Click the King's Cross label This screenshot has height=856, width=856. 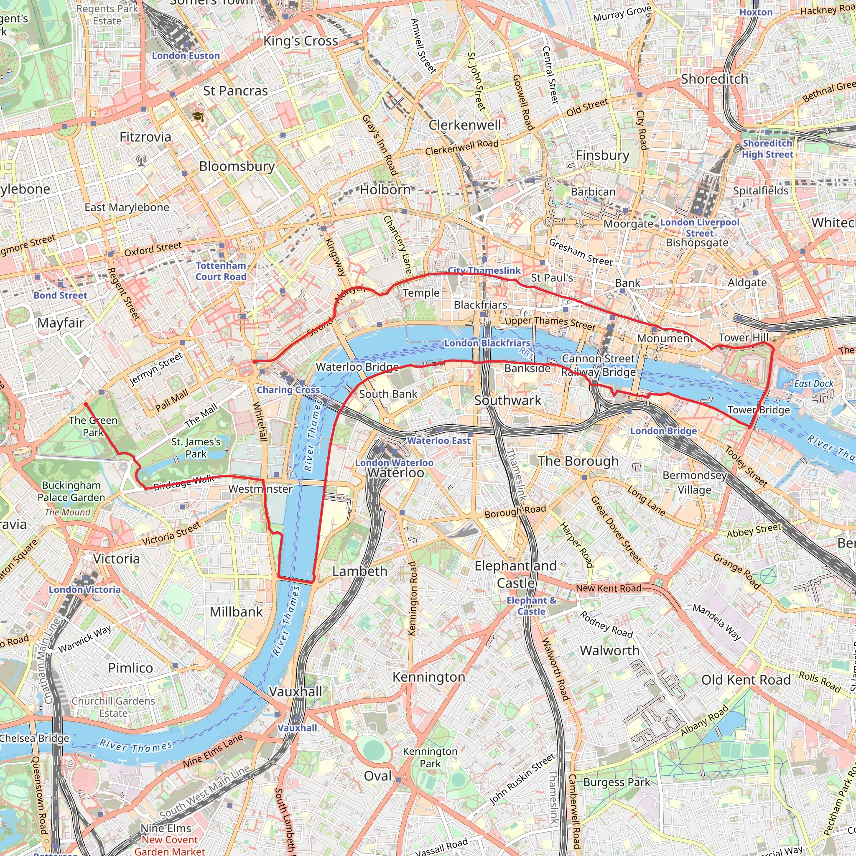(x=301, y=41)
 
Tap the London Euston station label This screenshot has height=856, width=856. (x=186, y=56)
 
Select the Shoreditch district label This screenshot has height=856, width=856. (x=714, y=79)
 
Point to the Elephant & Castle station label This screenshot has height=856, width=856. (x=531, y=606)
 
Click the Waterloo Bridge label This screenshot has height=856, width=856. (x=357, y=367)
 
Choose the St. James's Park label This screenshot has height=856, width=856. (x=196, y=448)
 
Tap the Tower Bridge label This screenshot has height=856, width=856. (x=759, y=410)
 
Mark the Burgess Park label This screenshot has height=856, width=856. (x=617, y=782)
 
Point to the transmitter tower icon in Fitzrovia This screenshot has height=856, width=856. (x=141, y=160)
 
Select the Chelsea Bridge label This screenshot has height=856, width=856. (x=35, y=738)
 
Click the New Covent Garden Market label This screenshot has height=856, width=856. (x=170, y=846)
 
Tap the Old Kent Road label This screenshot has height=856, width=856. (x=746, y=680)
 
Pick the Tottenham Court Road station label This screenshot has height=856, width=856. (x=221, y=271)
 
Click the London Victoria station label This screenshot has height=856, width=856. (x=84, y=590)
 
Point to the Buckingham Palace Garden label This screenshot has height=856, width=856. (x=71, y=492)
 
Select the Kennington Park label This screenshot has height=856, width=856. (x=430, y=757)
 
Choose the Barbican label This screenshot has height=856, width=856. (x=593, y=192)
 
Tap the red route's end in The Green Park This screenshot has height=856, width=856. (x=86, y=404)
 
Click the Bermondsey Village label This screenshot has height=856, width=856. (x=694, y=482)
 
